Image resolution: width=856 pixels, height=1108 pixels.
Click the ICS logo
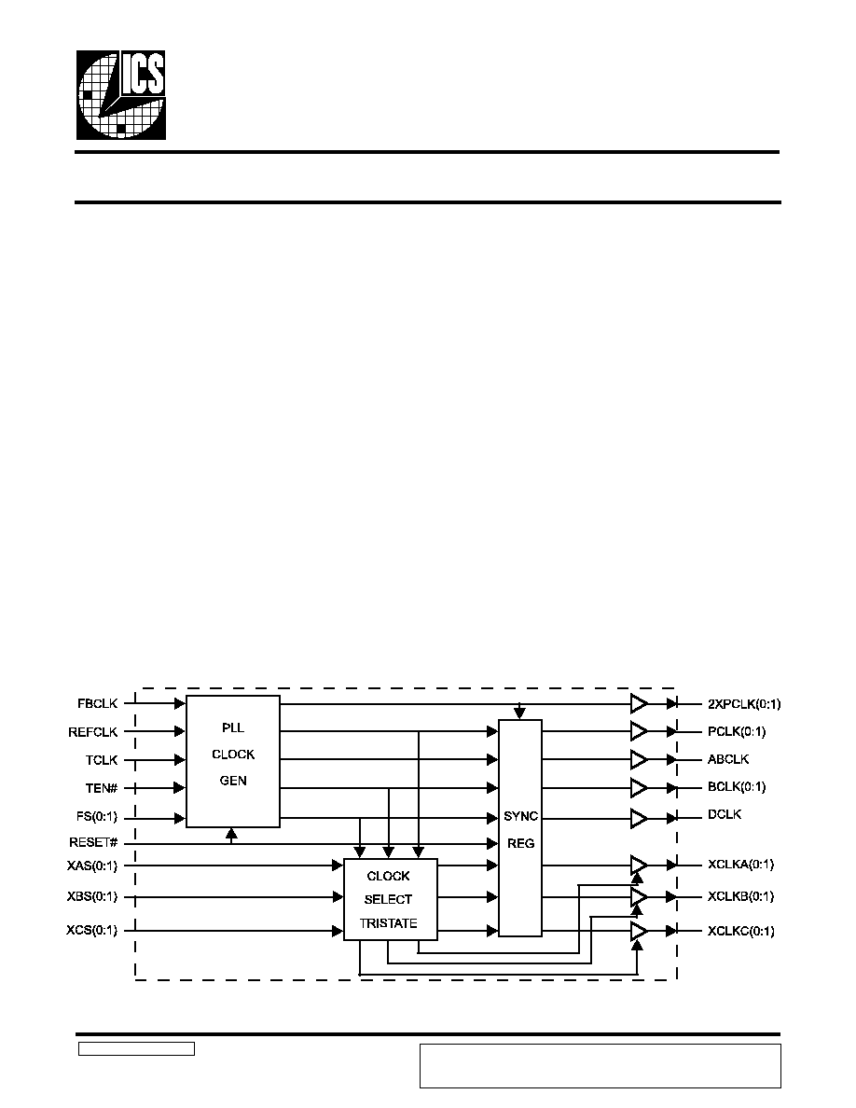(121, 95)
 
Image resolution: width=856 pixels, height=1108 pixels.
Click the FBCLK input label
(98, 704)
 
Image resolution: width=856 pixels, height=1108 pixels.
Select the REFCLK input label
(93, 732)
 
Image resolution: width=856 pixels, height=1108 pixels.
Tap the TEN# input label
(102, 788)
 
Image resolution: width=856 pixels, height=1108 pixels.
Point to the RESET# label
(93, 842)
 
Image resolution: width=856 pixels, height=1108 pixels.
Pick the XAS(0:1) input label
(91, 866)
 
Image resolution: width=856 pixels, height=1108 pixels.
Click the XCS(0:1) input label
(91, 931)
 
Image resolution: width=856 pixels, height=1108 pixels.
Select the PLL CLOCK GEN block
(233, 761)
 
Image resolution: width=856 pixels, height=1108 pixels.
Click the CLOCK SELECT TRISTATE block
(390, 899)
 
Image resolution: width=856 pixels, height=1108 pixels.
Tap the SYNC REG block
(519, 828)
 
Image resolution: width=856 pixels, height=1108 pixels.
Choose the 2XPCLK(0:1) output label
(744, 704)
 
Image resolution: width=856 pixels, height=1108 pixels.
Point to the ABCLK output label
(728, 759)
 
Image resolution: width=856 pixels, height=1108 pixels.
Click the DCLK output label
(725, 815)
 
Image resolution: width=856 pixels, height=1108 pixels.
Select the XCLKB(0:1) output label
(741, 896)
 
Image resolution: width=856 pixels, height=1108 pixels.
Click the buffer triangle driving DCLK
(639, 818)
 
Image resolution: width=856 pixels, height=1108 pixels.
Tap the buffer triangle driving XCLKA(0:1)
(639, 865)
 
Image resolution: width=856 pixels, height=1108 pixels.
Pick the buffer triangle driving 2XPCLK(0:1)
(639, 704)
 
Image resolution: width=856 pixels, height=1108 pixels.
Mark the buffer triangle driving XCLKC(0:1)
(639, 932)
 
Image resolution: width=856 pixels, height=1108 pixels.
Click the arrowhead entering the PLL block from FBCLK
(180, 704)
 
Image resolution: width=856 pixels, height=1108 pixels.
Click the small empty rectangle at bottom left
(136, 1049)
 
